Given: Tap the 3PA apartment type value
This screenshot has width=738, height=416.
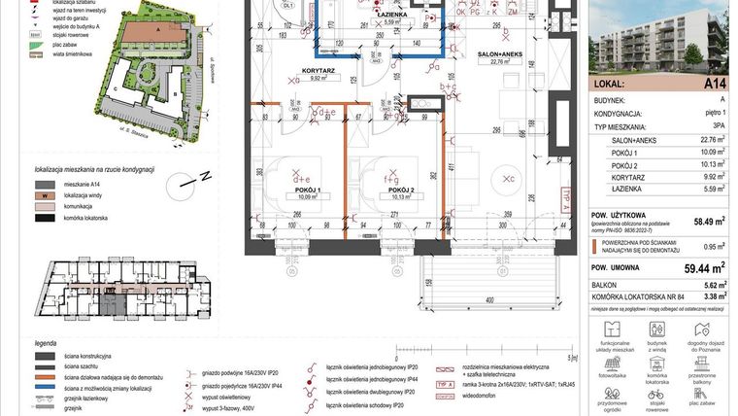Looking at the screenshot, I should (718, 126).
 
